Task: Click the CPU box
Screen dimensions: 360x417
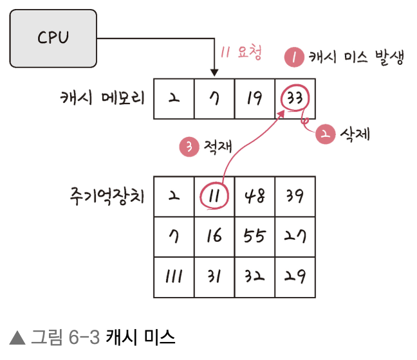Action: click(x=53, y=39)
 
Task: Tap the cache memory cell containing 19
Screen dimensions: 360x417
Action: click(x=255, y=99)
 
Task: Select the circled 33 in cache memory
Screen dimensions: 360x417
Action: click(x=295, y=99)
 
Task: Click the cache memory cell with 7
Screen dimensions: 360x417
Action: click(x=214, y=99)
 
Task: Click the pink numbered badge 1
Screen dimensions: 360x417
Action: click(x=293, y=57)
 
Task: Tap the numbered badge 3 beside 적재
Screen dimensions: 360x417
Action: click(x=188, y=147)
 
